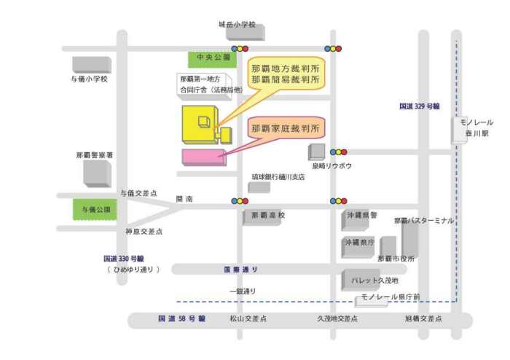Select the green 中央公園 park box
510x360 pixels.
(211, 57)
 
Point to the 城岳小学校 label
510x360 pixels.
(238, 24)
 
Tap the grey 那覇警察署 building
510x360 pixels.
(97, 173)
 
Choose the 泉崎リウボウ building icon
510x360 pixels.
(317, 152)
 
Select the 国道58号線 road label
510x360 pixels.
(182, 319)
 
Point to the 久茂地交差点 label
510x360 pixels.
(337, 319)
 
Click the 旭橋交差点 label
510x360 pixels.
(423, 319)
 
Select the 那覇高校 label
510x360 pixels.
(268, 216)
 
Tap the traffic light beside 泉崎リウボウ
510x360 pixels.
(339, 152)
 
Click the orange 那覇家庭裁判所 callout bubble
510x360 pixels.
(286, 129)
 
